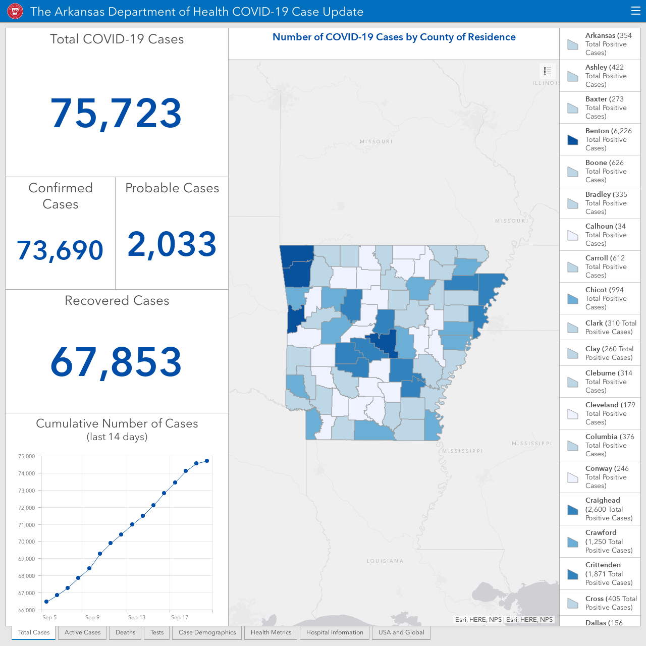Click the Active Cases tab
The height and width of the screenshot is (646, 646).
pos(82,632)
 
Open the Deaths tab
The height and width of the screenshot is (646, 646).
pos(125,632)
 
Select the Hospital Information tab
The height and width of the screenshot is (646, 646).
pos(335,632)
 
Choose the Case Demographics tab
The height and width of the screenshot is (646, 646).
pos(207,632)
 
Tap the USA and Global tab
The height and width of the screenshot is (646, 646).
pos(401,632)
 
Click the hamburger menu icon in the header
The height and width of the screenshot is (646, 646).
pos(635,11)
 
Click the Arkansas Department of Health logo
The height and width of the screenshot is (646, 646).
pos(15,12)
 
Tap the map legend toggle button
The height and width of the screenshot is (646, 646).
pos(548,71)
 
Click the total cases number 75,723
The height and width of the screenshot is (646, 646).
pos(116,114)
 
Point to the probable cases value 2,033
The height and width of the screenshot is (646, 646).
pos(172,244)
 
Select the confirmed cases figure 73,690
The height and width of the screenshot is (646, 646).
pos(60,250)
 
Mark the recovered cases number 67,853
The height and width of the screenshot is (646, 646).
pos(116,362)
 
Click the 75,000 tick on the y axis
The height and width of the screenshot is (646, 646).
pos(26,456)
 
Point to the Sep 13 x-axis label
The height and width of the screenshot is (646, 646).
pos(137,617)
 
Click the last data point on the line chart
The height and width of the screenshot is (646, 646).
pos(207,461)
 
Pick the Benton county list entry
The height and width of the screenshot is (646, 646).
pos(600,139)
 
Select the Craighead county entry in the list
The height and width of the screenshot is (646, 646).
pos(600,509)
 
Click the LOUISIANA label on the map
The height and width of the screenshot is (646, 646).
pos(385,561)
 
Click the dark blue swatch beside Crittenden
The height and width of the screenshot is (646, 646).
pos(573,575)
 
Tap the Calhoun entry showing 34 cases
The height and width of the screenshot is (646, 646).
pos(600,235)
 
